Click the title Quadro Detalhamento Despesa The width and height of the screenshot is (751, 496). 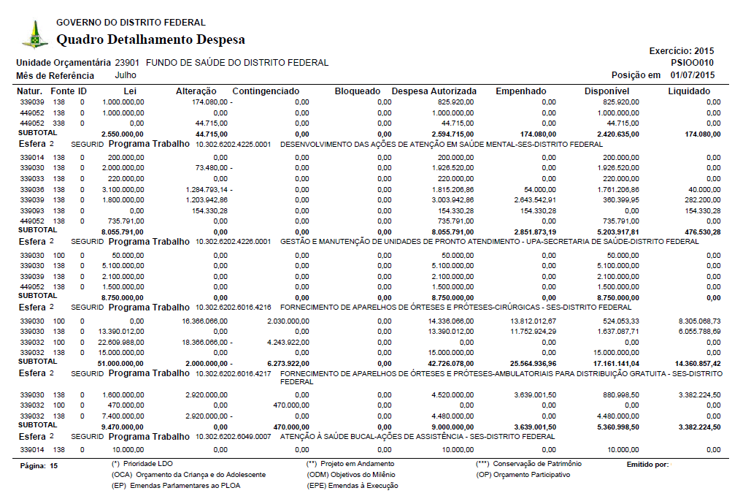click(x=150, y=39)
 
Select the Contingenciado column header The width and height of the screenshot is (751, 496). click(x=266, y=91)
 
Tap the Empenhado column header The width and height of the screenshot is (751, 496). click(x=520, y=91)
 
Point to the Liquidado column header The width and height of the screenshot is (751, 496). click(x=688, y=91)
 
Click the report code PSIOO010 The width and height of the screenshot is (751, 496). click(x=693, y=64)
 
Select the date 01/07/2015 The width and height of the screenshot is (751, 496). click(x=693, y=76)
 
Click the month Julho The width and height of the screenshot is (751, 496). click(x=126, y=75)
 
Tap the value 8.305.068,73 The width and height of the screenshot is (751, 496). click(x=694, y=321)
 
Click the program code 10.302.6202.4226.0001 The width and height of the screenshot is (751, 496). click(x=233, y=242)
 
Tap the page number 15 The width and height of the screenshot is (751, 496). click(x=53, y=465)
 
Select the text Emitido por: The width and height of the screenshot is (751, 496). click(x=647, y=465)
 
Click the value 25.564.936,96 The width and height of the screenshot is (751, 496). click(x=528, y=363)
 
